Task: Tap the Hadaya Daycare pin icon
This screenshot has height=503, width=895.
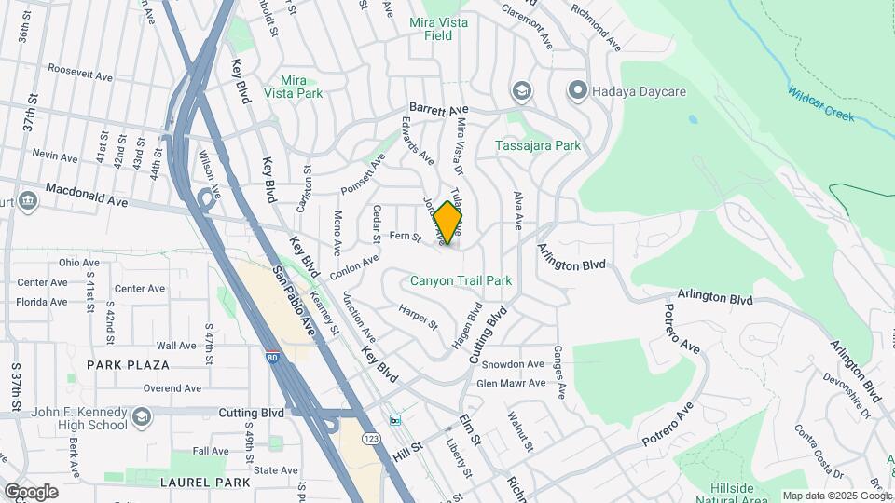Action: tap(578, 90)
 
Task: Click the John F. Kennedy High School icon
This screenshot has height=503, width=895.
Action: tap(141, 415)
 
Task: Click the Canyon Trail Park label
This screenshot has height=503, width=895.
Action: tap(461, 280)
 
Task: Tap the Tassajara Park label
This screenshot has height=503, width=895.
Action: tap(538, 145)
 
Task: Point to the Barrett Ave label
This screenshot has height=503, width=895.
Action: tap(437, 109)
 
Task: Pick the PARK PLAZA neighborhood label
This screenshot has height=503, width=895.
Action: tap(129, 365)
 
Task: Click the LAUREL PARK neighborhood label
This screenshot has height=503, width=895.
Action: tap(205, 483)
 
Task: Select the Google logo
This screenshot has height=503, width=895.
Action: tap(31, 491)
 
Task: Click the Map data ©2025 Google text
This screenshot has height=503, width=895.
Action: tap(834, 496)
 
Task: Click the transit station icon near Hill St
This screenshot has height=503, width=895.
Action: tap(395, 420)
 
